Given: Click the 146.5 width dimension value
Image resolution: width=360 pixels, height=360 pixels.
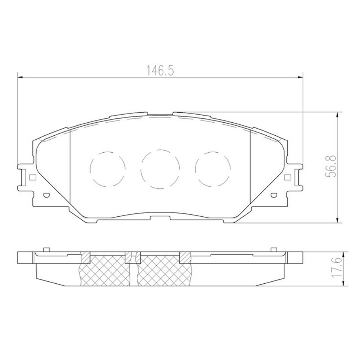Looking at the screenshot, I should pos(160,71).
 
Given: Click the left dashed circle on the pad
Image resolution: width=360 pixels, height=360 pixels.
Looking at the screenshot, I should pos(108,169).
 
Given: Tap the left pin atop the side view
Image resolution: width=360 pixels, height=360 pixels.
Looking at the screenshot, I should pos(46,249).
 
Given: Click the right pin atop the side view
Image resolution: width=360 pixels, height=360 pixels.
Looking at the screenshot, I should pos(273,249).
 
